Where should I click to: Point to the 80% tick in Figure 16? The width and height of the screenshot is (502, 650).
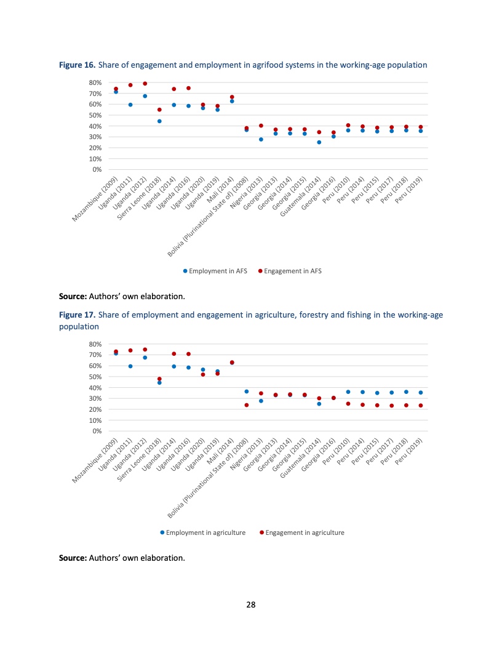point(95,82)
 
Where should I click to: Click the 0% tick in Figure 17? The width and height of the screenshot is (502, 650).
point(97,431)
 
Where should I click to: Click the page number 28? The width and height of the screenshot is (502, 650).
point(251,604)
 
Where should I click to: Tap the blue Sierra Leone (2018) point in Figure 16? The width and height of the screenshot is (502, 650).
point(159,121)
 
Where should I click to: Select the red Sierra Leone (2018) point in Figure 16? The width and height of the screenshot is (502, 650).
point(159,110)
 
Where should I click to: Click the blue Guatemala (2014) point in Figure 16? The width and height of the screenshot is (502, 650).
point(319,142)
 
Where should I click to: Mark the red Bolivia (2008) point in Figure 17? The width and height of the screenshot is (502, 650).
point(247,405)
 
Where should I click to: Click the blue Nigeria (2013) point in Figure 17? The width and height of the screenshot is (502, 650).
point(261,401)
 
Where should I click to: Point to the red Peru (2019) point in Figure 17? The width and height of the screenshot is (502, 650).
point(421,406)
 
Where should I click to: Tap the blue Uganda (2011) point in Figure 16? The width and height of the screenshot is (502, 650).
point(130,105)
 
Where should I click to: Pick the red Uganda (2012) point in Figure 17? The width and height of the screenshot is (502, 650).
point(145,350)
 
